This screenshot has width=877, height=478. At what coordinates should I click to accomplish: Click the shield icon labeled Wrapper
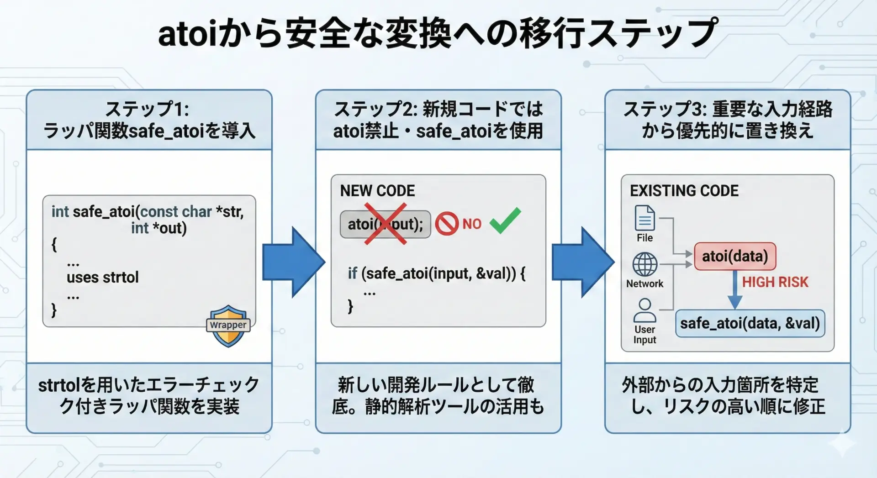(x=228, y=326)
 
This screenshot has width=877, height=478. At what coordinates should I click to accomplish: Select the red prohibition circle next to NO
(x=446, y=224)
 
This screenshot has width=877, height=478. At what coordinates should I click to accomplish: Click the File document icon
(x=645, y=218)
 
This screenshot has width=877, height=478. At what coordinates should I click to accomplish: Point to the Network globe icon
(x=645, y=264)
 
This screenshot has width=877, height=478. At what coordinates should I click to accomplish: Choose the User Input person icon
(x=645, y=311)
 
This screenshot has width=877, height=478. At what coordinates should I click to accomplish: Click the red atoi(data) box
(x=734, y=256)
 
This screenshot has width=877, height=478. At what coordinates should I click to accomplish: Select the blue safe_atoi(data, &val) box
(x=750, y=323)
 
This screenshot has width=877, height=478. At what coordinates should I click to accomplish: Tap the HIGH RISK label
(x=775, y=282)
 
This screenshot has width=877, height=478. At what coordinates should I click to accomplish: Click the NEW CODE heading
(x=377, y=191)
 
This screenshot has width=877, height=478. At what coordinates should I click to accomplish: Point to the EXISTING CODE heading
(x=684, y=191)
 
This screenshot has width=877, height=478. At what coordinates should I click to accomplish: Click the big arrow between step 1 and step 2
(x=294, y=262)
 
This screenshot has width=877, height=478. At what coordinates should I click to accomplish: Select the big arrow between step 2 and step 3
(x=583, y=262)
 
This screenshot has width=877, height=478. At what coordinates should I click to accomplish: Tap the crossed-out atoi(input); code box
(x=385, y=224)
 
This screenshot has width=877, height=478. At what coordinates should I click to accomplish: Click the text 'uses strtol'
(x=102, y=277)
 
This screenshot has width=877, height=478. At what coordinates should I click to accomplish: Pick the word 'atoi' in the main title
(x=187, y=34)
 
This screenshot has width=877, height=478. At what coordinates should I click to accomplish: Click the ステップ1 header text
(x=147, y=110)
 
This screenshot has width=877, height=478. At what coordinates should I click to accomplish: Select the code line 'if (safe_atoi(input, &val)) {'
(x=436, y=273)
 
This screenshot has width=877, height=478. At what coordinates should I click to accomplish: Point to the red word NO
(x=472, y=224)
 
